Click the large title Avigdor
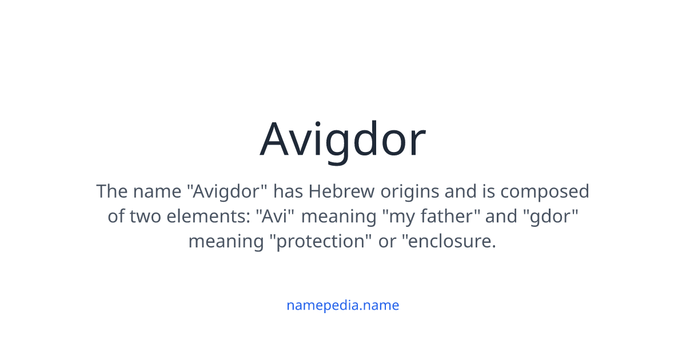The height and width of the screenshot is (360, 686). [x=343, y=140]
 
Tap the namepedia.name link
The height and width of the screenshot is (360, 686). [x=343, y=305]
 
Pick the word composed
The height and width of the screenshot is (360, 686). [x=545, y=191]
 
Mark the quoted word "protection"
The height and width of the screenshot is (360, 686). [x=320, y=241]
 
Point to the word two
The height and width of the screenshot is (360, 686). [x=146, y=216]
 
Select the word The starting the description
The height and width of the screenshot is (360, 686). [x=111, y=191]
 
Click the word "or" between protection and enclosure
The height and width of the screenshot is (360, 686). [x=387, y=241]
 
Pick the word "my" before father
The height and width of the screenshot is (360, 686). [x=398, y=216]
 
